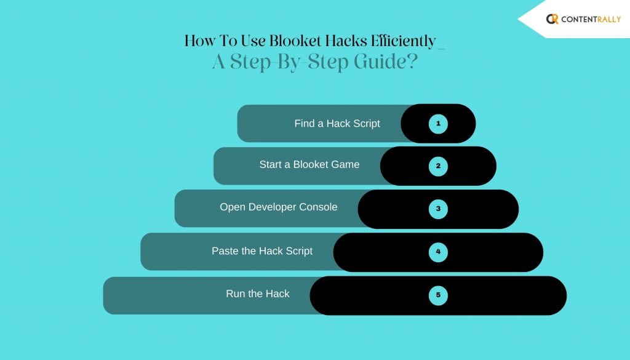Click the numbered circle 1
[x=438, y=124]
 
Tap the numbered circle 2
[x=438, y=166]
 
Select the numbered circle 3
[x=438, y=209]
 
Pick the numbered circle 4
[x=438, y=252]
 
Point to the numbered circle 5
[x=438, y=295]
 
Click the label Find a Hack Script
[x=337, y=123]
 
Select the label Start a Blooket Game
[x=309, y=164]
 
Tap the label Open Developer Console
[x=279, y=207]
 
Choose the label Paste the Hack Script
[x=262, y=251]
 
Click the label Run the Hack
[x=258, y=294]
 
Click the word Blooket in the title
[x=295, y=41]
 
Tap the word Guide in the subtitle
[x=380, y=62]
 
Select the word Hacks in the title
[x=346, y=41]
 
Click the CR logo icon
[x=552, y=19]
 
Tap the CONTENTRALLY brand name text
[x=591, y=19]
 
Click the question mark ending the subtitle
[x=413, y=62]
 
